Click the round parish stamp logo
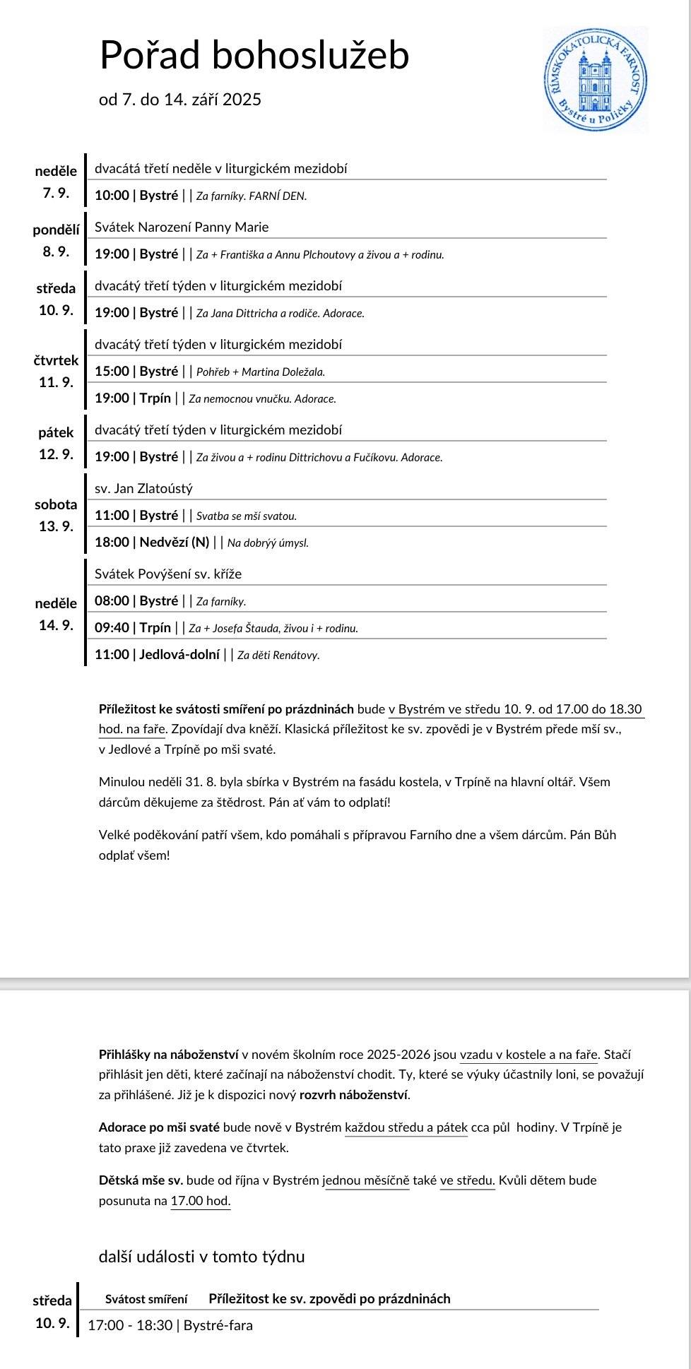(596, 79)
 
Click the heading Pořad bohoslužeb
(254, 55)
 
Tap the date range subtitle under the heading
(180, 100)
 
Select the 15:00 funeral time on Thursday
(112, 372)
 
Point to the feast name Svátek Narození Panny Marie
(182, 227)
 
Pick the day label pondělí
(56, 230)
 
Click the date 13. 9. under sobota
(56, 526)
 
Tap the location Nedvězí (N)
(175, 543)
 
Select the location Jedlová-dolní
(179, 654)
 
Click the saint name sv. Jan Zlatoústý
(143, 489)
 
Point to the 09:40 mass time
(112, 627)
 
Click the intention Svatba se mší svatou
(247, 516)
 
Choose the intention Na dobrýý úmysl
(268, 543)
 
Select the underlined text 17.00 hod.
(201, 1201)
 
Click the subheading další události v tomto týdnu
(201, 1257)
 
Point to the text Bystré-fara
(218, 1326)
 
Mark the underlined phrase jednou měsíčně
(367, 1180)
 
